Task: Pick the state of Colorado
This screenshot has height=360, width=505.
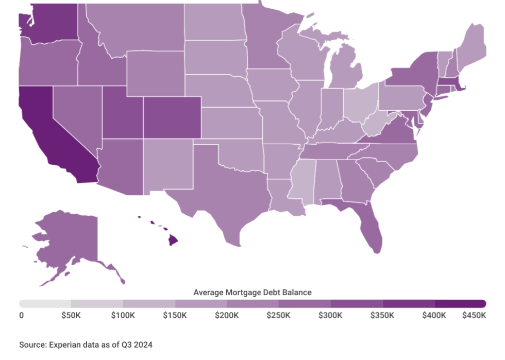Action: [x=171, y=117]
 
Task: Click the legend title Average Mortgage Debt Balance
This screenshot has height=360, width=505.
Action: [x=252, y=292]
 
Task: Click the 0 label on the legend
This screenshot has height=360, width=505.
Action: [x=21, y=315]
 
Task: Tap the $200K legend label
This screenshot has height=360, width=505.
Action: [x=227, y=315]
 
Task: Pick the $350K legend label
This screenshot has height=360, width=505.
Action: [x=382, y=315]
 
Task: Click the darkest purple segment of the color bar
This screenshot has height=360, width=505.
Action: [x=460, y=303]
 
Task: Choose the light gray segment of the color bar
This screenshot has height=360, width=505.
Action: [x=45, y=303]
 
